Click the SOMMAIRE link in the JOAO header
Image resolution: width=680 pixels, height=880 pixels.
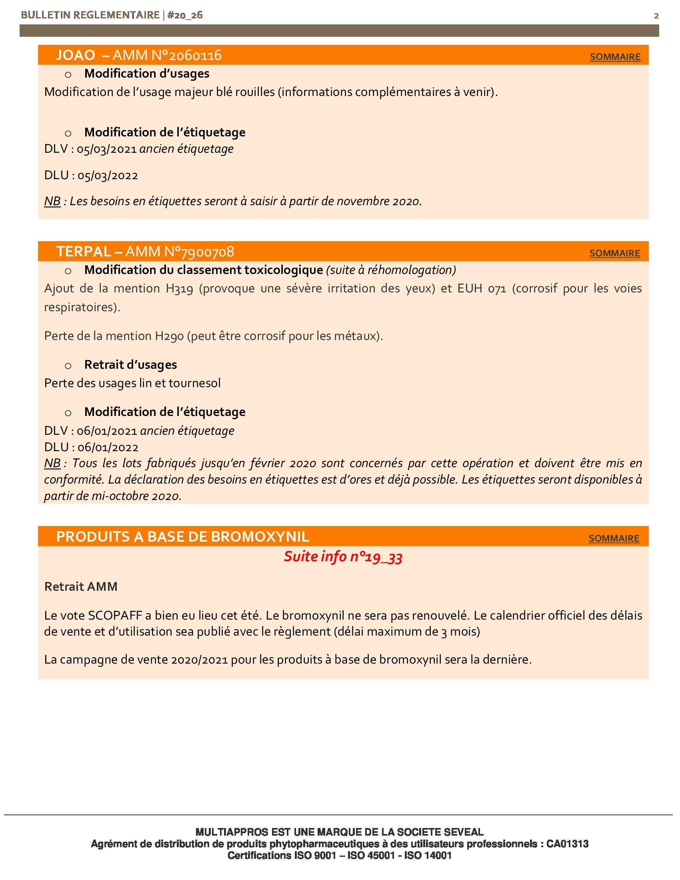pyautogui.click(x=615, y=57)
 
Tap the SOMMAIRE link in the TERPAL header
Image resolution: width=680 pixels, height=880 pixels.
pyautogui.click(x=614, y=253)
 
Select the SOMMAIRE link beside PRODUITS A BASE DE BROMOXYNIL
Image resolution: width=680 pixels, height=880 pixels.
pyautogui.click(x=614, y=538)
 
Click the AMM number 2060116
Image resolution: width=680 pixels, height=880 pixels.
pyautogui.click(x=195, y=55)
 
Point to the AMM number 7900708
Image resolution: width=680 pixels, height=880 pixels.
pyautogui.click(x=208, y=252)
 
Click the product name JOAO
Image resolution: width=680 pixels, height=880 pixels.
pyautogui.click(x=76, y=55)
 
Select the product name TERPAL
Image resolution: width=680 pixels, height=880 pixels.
pyautogui.click(x=83, y=252)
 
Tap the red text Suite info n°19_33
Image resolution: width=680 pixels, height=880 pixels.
pyautogui.click(x=343, y=557)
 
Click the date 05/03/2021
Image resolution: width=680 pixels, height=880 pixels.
pyautogui.click(x=107, y=149)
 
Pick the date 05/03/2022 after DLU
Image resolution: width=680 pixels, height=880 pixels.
pyautogui.click(x=108, y=176)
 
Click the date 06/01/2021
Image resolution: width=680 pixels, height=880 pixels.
pyautogui.click(x=107, y=431)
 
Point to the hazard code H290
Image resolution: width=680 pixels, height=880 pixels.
pyautogui.click(x=169, y=336)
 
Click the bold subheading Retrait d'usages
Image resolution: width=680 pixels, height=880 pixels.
pyautogui.click(x=130, y=365)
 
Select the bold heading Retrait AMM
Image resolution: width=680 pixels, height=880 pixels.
pyautogui.click(x=81, y=587)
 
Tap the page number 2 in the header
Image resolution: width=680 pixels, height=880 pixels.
pyautogui.click(x=656, y=16)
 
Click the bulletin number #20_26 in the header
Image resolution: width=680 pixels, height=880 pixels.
pyautogui.click(x=185, y=15)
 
